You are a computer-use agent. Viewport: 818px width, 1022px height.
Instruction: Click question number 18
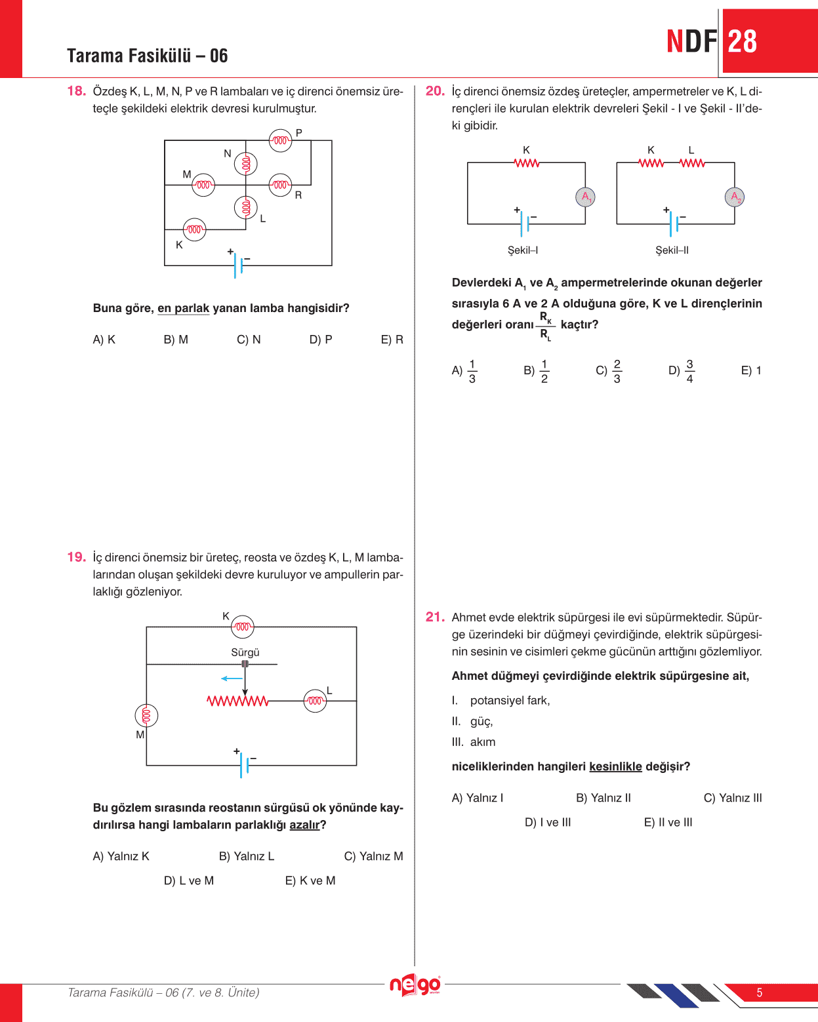pos(76,91)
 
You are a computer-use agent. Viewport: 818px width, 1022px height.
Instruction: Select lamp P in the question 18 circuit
pos(281,140)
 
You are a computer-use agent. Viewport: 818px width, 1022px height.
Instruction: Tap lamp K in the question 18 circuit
pos(194,229)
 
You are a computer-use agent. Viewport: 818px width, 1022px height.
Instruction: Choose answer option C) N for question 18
pos(249,340)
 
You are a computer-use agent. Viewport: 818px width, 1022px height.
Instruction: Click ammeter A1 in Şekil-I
pos(585,197)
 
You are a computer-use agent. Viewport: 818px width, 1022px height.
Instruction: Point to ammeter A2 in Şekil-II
pos(735,197)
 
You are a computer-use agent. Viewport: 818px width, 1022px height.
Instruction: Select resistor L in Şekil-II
pos(692,163)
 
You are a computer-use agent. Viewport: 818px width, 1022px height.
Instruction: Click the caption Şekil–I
pos(523,250)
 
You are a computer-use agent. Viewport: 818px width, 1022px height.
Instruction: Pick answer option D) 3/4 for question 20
pos(682,371)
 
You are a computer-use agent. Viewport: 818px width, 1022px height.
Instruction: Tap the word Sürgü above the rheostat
pos(245,652)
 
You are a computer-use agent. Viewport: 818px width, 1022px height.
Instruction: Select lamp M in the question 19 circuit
pos(146,715)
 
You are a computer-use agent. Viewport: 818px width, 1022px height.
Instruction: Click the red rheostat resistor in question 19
pos(237,701)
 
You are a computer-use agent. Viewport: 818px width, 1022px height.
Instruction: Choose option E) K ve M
pos(310,880)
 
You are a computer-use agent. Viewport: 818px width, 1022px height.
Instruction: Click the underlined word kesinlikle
pos(615,766)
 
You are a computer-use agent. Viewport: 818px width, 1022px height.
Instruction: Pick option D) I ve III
pos(548,822)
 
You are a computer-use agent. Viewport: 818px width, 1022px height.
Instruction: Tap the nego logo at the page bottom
pos(415,985)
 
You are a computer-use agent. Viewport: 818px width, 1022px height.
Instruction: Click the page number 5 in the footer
pos(760,993)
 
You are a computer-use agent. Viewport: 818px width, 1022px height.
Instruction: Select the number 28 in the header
pos(743,42)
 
